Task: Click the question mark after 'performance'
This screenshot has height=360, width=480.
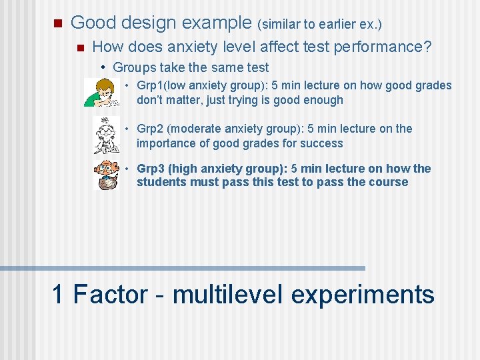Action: (x=427, y=47)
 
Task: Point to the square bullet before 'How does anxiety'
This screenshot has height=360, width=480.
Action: (x=80, y=48)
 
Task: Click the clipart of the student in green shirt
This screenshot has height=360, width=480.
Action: (x=101, y=93)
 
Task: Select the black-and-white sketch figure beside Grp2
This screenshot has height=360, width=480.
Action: (x=105, y=135)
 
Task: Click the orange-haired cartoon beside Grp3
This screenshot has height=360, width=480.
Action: (x=106, y=175)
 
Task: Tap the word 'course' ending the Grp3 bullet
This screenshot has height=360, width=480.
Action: (x=389, y=182)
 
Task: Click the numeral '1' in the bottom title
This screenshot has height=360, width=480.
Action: (x=59, y=294)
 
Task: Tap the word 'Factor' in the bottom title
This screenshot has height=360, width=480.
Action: (x=110, y=294)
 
